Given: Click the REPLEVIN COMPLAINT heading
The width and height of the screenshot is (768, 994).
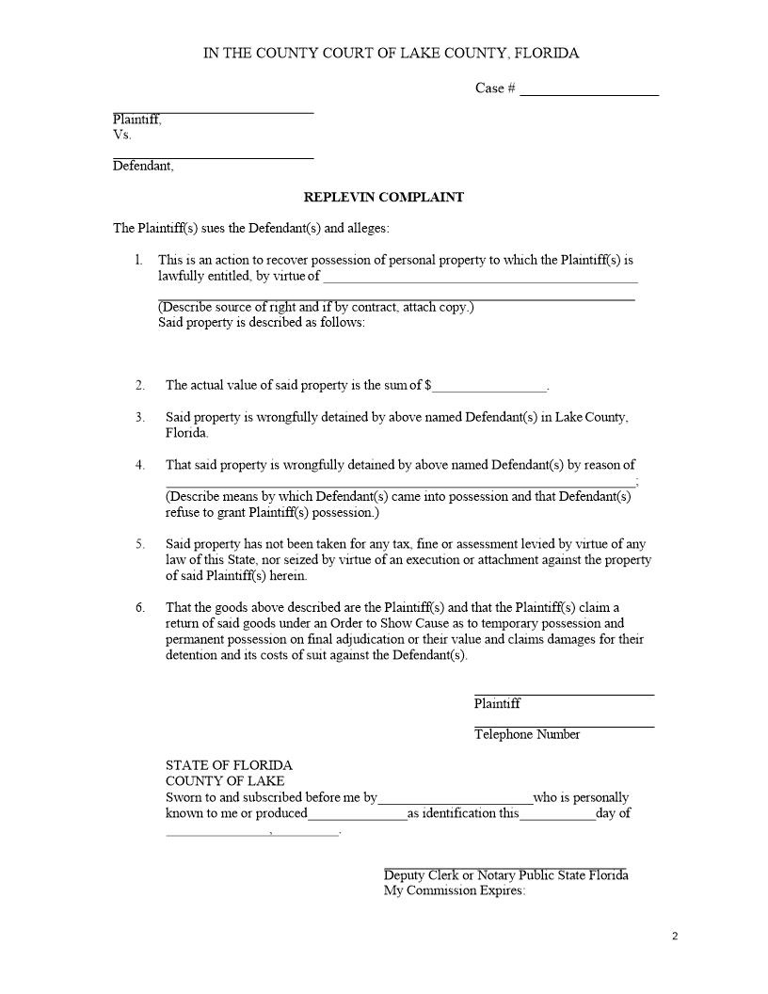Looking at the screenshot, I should [x=383, y=198].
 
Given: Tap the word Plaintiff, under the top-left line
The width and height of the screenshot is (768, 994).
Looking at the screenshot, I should [x=137, y=120].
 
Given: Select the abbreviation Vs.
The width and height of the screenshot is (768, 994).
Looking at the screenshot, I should [x=121, y=136].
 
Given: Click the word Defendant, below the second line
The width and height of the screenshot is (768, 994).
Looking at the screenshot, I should [x=143, y=167].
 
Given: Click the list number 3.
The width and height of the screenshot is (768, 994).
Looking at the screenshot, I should [x=139, y=417].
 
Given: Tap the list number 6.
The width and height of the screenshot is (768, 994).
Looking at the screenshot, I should [x=139, y=607].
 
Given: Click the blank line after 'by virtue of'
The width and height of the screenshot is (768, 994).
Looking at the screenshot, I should [x=480, y=280].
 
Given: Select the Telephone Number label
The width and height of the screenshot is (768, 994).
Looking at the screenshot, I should [x=527, y=734].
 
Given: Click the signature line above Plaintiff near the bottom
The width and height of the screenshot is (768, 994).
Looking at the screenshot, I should [x=564, y=694].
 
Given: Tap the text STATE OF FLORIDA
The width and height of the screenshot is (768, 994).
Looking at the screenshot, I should [x=229, y=765].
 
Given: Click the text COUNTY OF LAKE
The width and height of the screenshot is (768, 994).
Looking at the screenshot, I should [x=225, y=781].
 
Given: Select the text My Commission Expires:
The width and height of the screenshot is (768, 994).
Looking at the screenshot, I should [x=455, y=891].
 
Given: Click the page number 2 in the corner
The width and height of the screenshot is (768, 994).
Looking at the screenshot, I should [x=675, y=936].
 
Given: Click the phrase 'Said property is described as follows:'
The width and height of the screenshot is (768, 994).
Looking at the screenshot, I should [x=261, y=323].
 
